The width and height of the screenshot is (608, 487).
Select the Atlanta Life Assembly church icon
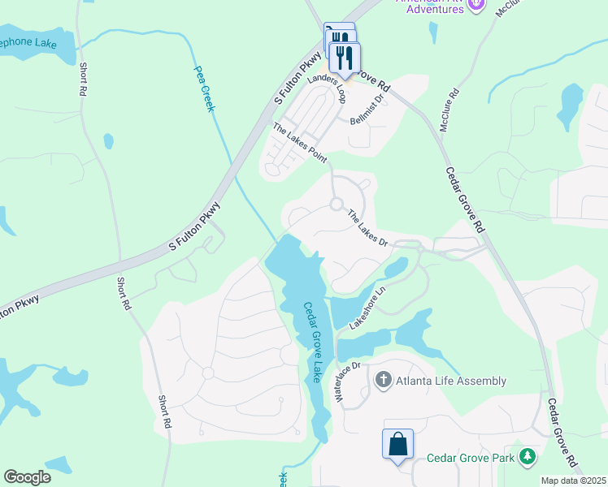coord(383,379)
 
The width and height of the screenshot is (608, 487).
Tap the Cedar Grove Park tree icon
coord(529,457)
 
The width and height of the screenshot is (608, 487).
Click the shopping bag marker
coord(397,445)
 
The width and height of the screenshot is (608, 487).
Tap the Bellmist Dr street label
coord(366,108)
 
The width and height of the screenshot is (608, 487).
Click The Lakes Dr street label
coord(369,228)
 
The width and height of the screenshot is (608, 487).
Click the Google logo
coord(28,477)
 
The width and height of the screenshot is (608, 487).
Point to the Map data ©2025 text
coord(574,481)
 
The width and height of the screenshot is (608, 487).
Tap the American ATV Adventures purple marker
coord(477,5)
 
